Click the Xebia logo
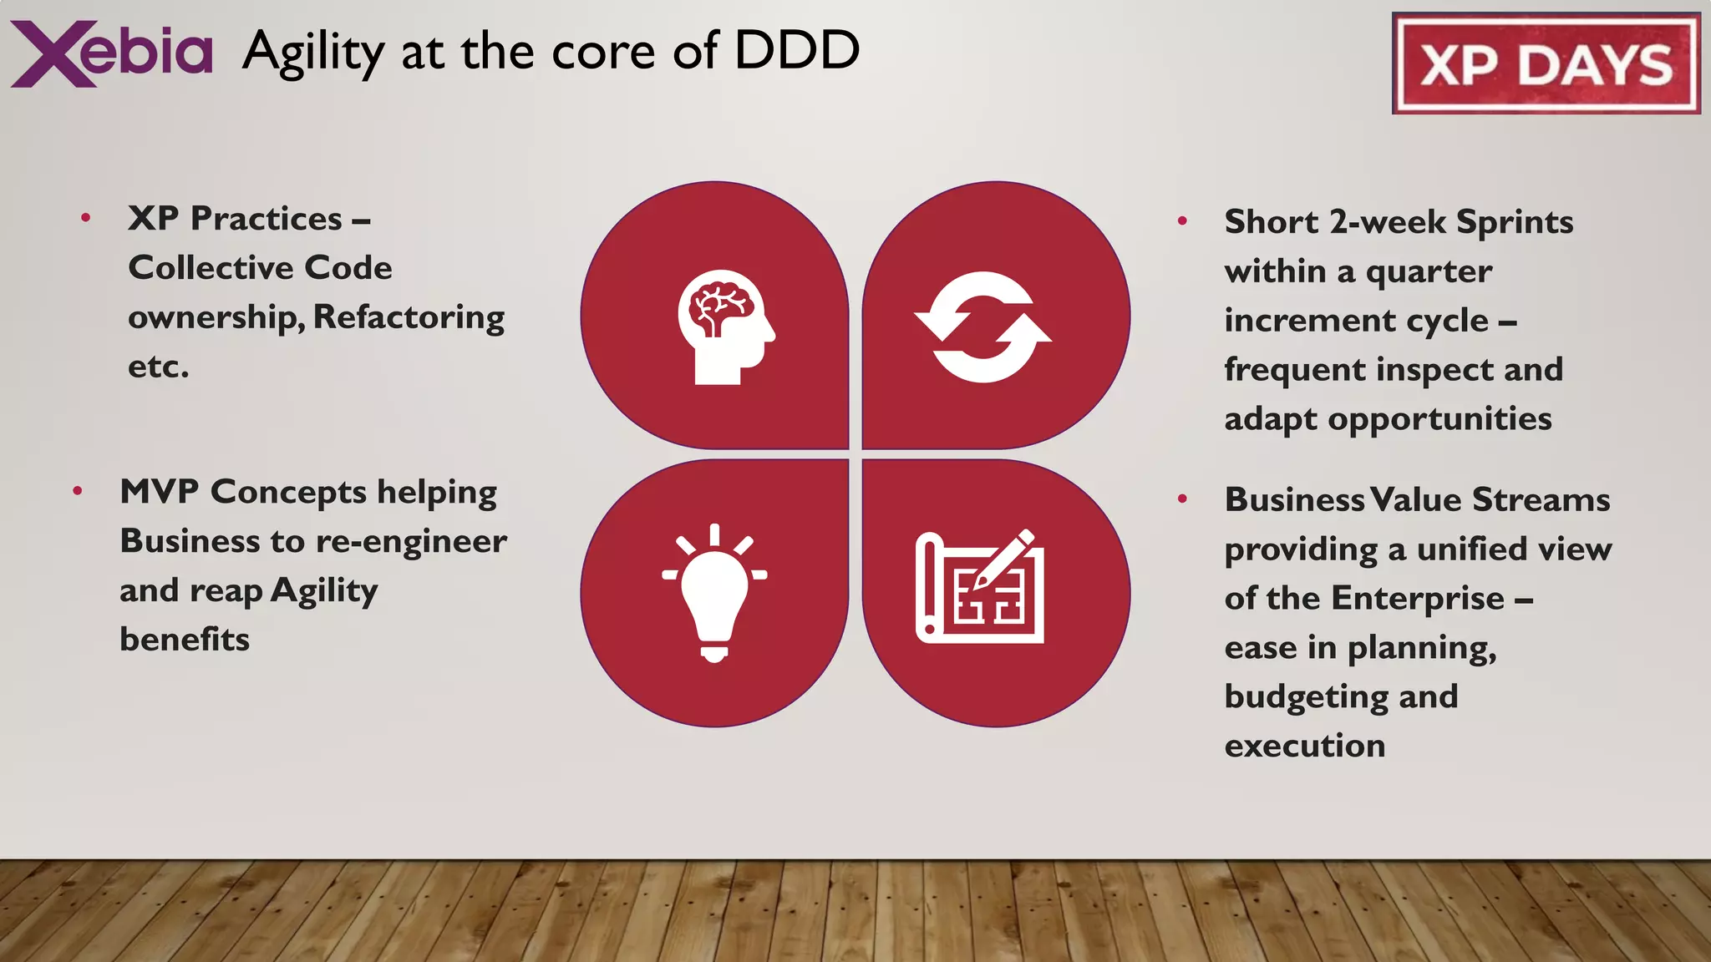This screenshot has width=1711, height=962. [111, 53]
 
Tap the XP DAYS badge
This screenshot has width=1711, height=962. [1546, 63]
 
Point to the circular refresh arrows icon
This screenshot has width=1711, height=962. [983, 327]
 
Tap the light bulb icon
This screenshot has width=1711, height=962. [714, 593]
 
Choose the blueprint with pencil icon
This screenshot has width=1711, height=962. [980, 587]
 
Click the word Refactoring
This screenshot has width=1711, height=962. [409, 317]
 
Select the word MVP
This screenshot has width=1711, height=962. [159, 492]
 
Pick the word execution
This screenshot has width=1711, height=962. [1304, 746]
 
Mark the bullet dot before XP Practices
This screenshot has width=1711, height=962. [85, 219]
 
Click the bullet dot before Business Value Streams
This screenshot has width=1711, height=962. [1182, 499]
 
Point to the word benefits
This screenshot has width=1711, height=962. [185, 640]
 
